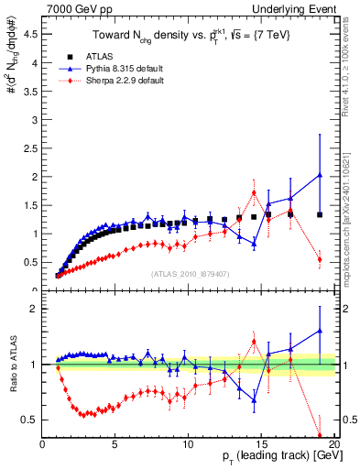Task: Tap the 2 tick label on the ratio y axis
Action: point(33,309)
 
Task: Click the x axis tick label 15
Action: point(260,445)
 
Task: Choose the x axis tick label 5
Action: point(115,445)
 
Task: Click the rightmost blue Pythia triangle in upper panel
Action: point(319,175)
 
